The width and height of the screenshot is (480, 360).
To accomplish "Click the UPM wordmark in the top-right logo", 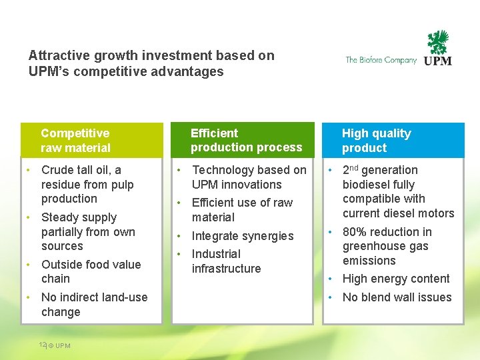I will [438, 61].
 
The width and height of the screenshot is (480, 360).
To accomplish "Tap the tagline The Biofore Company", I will [381, 60].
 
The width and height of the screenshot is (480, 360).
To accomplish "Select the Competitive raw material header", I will [75, 141].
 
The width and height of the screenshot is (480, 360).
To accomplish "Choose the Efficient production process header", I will [246, 140].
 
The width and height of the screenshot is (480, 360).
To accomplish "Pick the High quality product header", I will [377, 141].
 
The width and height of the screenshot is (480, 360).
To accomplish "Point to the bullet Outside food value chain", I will [91, 271].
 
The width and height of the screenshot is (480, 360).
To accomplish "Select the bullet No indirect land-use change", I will [94, 304].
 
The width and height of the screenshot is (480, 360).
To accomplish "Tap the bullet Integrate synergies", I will [243, 236].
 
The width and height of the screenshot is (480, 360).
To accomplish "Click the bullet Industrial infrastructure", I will [226, 261].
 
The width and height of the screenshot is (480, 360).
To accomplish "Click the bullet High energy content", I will [396, 279].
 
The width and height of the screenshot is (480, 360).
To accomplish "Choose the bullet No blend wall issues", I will [397, 297].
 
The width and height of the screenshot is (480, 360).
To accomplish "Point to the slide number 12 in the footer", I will [42, 345].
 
